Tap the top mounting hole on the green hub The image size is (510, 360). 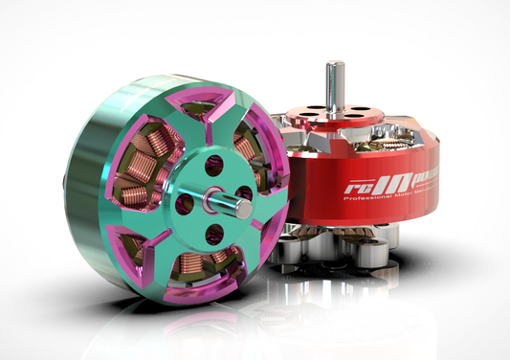(213, 165)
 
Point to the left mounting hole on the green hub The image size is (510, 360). (185, 203)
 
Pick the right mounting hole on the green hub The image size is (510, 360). (244, 193)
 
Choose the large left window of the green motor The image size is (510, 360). (134, 187)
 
